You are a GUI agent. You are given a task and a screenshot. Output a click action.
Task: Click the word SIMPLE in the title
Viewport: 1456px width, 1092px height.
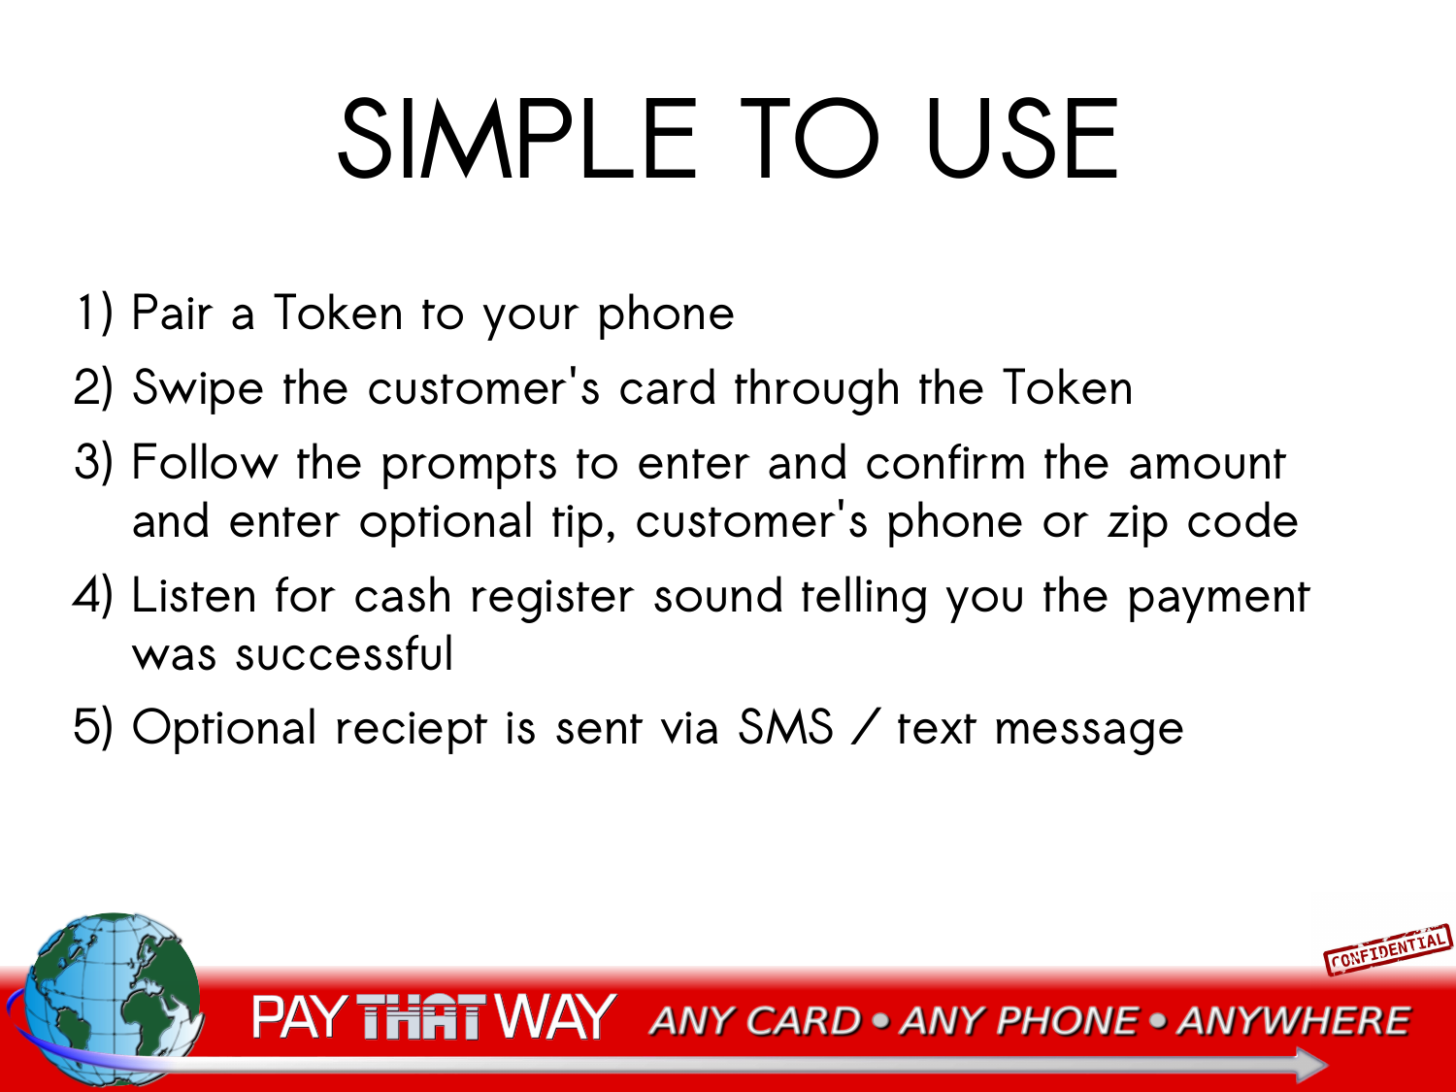pyautogui.click(x=517, y=139)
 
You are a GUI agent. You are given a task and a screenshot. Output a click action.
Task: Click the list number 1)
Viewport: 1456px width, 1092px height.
pyautogui.click(x=94, y=313)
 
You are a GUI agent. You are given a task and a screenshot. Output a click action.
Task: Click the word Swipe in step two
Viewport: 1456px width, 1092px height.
pyautogui.click(x=198, y=389)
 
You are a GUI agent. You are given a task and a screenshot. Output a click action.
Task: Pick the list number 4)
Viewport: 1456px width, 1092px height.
pyautogui.click(x=93, y=595)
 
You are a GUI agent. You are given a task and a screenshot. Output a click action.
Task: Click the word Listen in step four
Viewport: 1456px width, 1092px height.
pyautogui.click(x=194, y=595)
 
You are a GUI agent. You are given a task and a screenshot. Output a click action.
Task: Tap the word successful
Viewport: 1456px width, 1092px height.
pyautogui.click(x=345, y=653)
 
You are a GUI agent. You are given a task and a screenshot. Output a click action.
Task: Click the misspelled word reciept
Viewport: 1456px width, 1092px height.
pyautogui.click(x=412, y=729)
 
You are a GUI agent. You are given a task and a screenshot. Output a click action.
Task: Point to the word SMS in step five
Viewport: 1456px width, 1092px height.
pyautogui.click(x=785, y=727)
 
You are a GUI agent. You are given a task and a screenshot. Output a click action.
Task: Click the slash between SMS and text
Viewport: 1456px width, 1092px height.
pyautogui.click(x=865, y=727)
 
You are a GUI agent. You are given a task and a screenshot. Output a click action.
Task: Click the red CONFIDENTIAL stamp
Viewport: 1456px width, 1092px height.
pyautogui.click(x=1388, y=950)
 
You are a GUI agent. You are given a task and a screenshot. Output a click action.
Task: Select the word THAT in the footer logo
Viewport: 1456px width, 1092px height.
pyautogui.click(x=418, y=1015)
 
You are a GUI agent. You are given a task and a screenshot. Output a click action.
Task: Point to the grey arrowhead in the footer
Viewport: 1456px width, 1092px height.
pyautogui.click(x=1310, y=1065)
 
